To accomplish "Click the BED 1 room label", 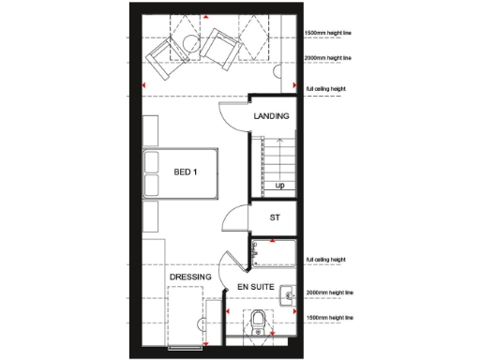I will click(186, 172).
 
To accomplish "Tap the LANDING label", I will click(271, 116).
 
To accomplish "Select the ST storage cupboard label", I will click(275, 218).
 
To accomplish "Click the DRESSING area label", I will click(190, 277).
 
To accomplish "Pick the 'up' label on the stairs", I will click(279, 186).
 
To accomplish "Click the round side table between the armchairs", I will click(190, 42).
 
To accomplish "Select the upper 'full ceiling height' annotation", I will click(326, 90).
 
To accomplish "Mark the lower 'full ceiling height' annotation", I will click(326, 260).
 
